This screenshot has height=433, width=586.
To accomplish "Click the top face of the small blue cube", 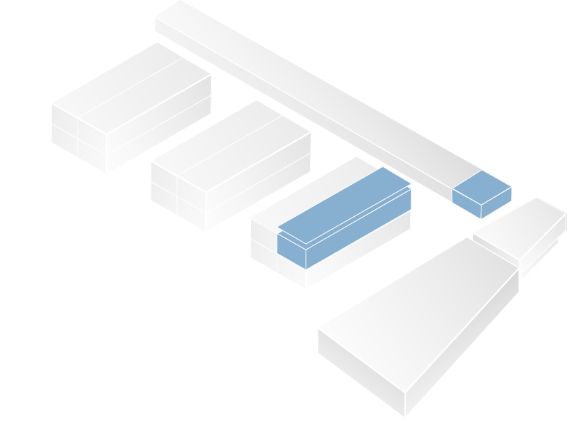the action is coord(481,187).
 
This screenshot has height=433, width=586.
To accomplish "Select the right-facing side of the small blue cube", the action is coord(496,202).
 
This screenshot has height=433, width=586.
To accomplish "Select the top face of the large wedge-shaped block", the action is coord(420,313).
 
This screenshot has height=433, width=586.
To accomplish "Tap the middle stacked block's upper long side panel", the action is coord(258,162).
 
